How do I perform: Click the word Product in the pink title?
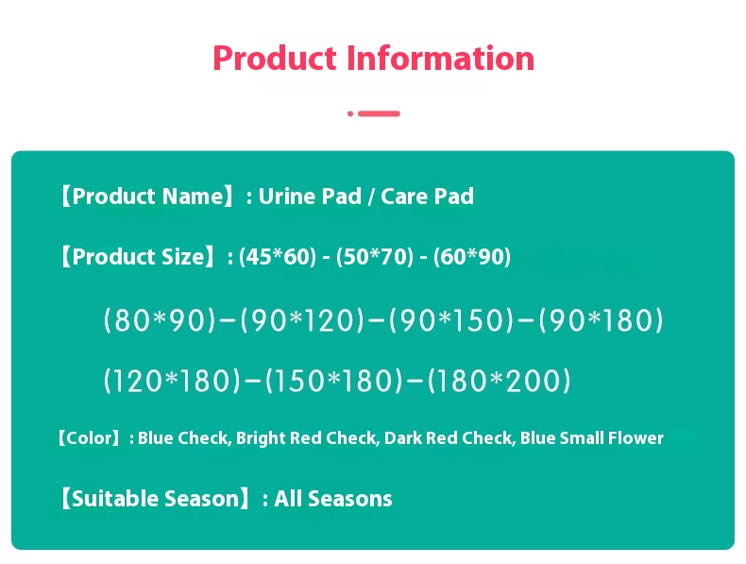pyautogui.click(x=275, y=59)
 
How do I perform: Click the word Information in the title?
pyautogui.click(x=440, y=59)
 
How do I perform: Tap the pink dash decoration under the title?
pyautogui.click(x=378, y=113)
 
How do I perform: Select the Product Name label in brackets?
pyautogui.click(x=144, y=197)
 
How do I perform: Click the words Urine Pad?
pyautogui.click(x=310, y=197)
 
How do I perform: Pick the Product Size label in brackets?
pyautogui.click(x=138, y=257)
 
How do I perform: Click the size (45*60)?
pyautogui.click(x=278, y=257)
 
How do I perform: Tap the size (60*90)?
pyautogui.click(x=472, y=257)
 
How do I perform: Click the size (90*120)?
pyautogui.click(x=302, y=321)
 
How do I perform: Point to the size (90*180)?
pyautogui.click(x=602, y=321)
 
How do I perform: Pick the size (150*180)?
pyautogui.click(x=335, y=382)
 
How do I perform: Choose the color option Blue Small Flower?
pyautogui.click(x=592, y=438)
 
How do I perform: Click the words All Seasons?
pyautogui.click(x=333, y=499)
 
